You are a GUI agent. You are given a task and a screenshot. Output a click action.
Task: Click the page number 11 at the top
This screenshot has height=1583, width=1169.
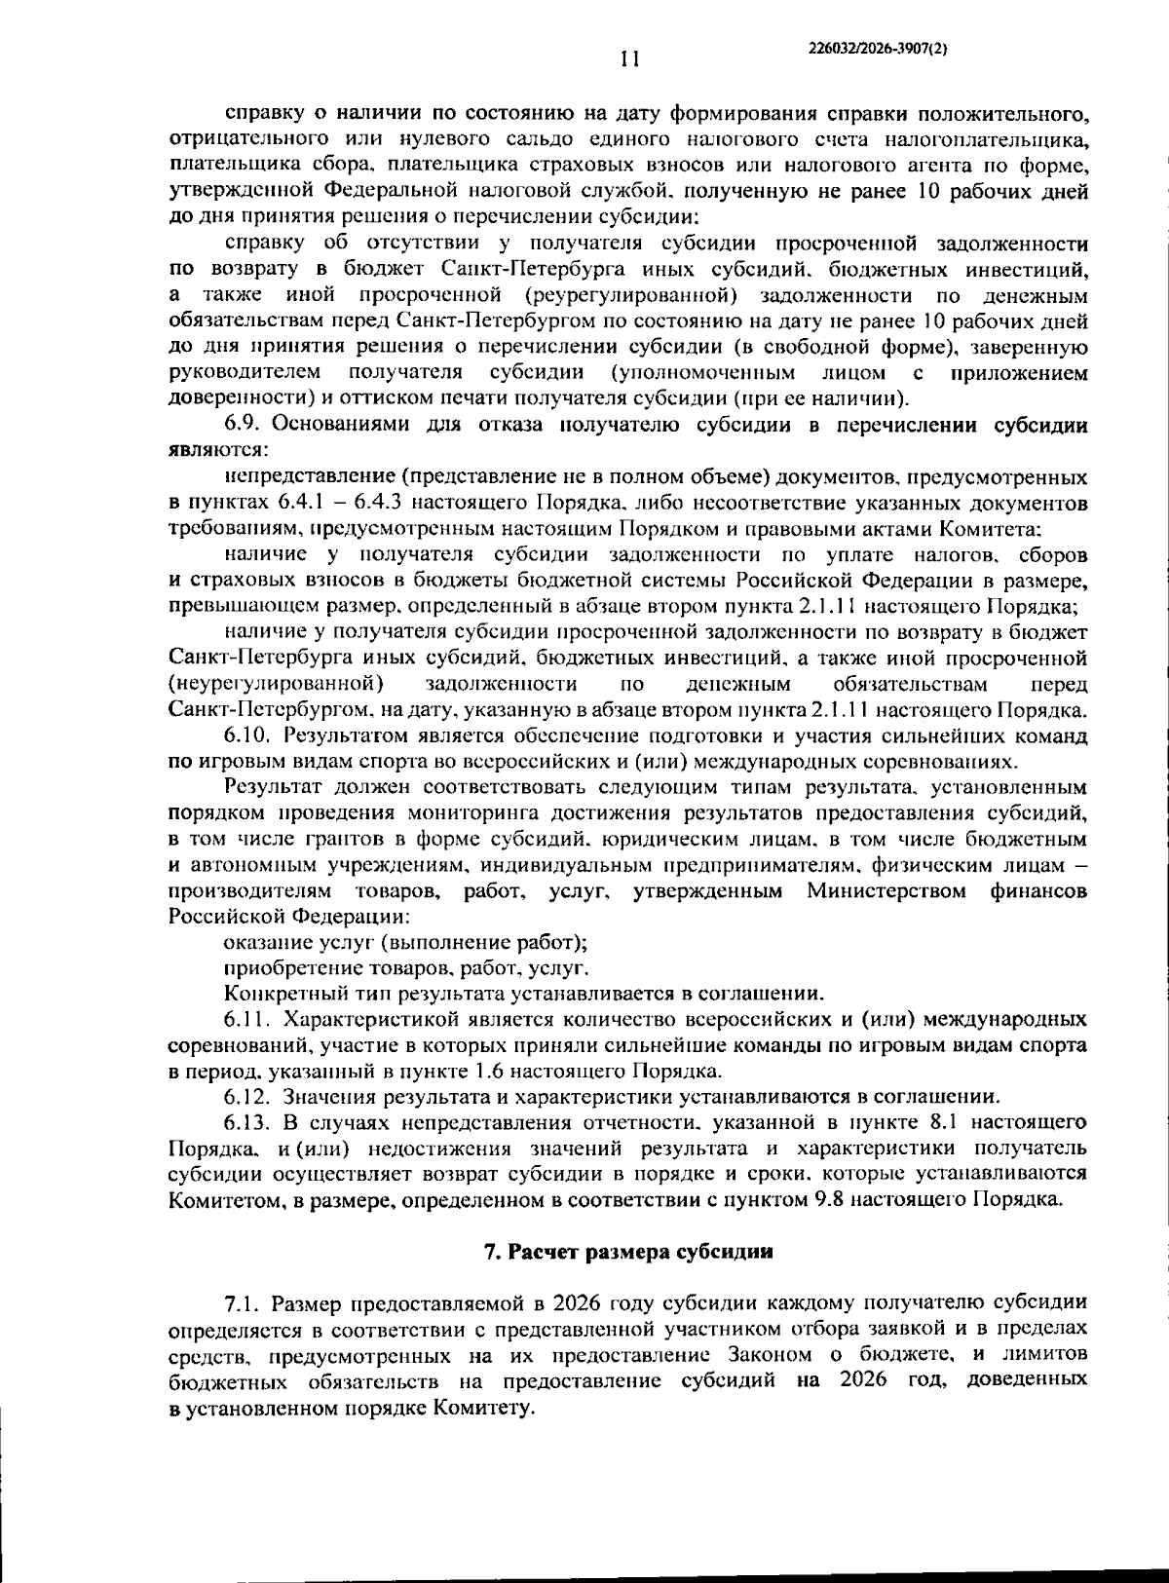630,59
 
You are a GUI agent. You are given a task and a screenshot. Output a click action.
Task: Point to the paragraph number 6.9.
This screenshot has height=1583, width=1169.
244,425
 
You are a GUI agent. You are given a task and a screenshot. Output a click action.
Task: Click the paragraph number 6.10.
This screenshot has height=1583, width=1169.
248,735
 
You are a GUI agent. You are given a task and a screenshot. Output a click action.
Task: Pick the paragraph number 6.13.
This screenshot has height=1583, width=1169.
248,1122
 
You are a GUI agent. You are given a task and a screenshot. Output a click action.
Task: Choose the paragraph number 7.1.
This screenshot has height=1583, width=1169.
243,1303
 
